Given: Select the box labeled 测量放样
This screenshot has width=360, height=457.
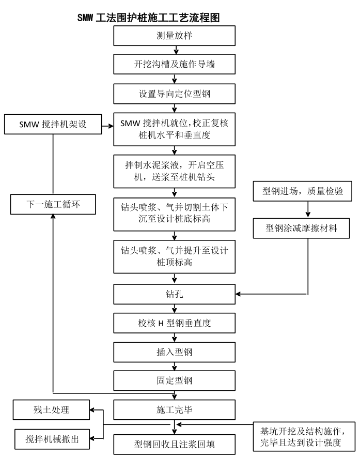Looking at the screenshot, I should click(175, 36).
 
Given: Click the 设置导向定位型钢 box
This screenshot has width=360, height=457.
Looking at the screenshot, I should click(175, 95).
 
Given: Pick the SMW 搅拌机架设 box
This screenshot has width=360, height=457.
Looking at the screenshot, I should click(53, 125).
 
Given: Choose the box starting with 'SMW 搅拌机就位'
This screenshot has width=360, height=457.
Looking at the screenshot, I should click(175, 129).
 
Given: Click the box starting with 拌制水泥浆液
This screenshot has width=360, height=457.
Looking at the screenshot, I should click(175, 169).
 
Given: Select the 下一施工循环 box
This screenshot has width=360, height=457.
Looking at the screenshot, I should click(53, 205).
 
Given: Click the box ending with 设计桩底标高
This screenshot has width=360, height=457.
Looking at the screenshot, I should click(175, 212).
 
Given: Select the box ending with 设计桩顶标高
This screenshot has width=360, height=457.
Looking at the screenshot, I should click(175, 255).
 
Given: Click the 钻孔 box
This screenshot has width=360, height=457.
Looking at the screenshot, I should click(175, 295).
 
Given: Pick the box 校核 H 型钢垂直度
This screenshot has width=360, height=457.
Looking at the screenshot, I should click(175, 324).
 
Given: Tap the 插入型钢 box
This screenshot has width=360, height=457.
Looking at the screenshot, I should click(175, 353).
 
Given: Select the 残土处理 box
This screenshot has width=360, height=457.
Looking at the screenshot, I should click(51, 410).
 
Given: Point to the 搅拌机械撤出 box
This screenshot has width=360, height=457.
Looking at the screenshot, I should click(51, 438).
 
